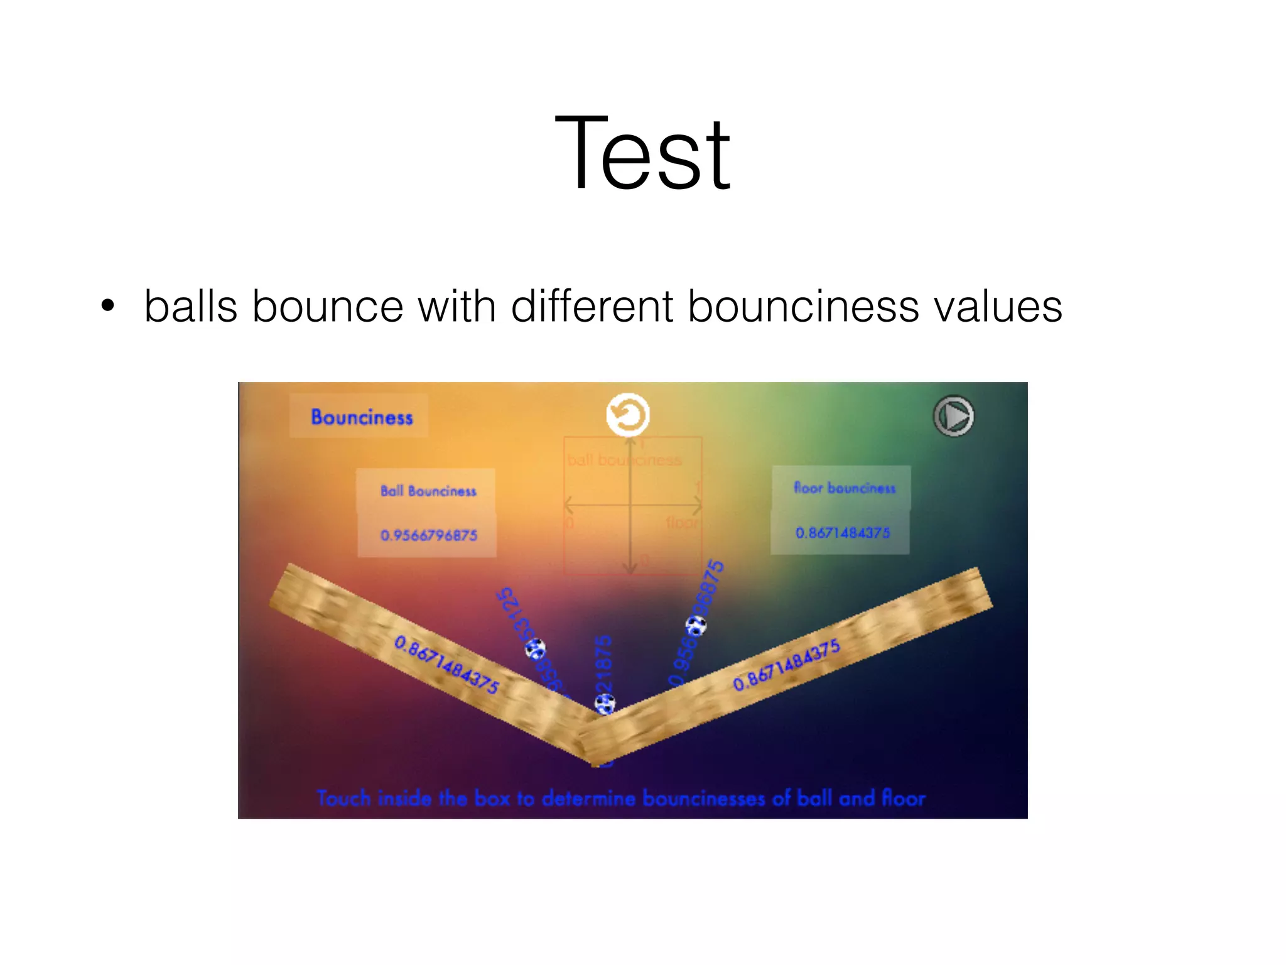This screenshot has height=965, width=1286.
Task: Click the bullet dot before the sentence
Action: coord(108,306)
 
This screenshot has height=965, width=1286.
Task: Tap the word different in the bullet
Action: coord(594,307)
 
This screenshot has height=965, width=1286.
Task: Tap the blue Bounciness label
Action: coord(362,417)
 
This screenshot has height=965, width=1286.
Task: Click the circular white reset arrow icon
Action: coord(627,415)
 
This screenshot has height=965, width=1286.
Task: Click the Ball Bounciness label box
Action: coord(428,491)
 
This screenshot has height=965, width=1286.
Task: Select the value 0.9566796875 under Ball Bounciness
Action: coord(428,535)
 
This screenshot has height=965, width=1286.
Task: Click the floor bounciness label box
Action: coord(843,488)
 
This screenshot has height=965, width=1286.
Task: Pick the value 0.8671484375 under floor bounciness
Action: coord(842,533)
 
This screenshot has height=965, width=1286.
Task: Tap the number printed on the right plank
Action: coord(786,665)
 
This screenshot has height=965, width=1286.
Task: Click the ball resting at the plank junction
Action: coord(605,704)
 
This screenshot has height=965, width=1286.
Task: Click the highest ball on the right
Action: coord(696,626)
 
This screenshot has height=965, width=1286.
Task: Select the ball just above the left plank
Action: coord(535,649)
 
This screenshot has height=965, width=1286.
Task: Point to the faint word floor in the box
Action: coord(681,523)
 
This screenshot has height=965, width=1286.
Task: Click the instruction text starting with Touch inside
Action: coord(620,799)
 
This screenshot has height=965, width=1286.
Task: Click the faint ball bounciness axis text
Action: coord(624,460)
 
